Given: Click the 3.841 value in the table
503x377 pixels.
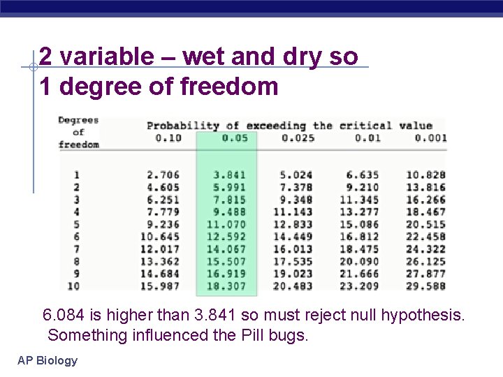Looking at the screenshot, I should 230,175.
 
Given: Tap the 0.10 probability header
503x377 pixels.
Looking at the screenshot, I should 164,138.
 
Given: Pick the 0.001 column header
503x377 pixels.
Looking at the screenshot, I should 430,138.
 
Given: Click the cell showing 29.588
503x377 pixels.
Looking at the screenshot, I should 425,286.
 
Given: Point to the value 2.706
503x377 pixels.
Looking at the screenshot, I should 163,175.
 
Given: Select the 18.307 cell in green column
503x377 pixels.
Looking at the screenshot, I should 226,286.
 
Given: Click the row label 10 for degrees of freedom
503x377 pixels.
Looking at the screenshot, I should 73,286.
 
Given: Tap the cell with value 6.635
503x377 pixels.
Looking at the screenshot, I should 362,175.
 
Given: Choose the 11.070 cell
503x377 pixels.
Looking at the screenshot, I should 226,224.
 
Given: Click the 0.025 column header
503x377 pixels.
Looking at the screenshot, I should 296,138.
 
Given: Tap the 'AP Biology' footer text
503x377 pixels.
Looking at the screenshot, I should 48,361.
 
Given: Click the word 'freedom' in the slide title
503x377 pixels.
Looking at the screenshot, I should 229,87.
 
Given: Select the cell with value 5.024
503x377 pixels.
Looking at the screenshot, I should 296,175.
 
